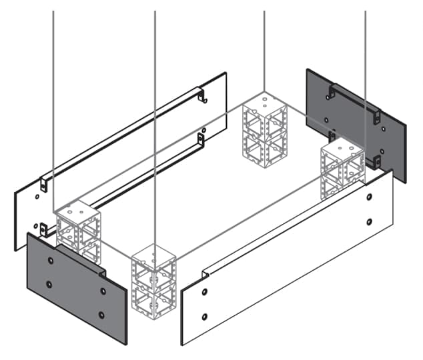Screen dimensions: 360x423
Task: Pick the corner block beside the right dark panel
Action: pyautogui.click(x=342, y=171)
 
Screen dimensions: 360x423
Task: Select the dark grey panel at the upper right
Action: pyautogui.click(x=354, y=123)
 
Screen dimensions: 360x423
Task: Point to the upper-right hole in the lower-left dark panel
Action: pyautogui.click(x=103, y=291)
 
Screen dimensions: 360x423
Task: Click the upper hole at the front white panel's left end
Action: pyautogui.click(x=205, y=292)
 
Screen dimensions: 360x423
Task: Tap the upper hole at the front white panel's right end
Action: pyautogui.click(x=369, y=197)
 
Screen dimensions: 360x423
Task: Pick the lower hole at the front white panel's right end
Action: pyautogui.click(x=369, y=221)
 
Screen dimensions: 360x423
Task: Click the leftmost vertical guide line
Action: pyautogui.click(x=53, y=100)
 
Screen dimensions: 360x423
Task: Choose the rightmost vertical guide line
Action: pyautogui.click(x=365, y=67)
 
